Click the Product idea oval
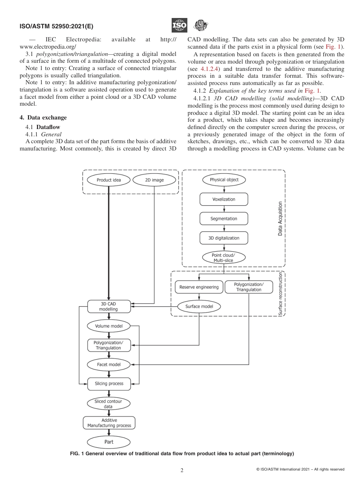click(x=109, y=180)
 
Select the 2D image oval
click(x=154, y=180)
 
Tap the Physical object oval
click(x=224, y=180)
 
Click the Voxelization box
click(x=224, y=199)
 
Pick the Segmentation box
click(x=224, y=219)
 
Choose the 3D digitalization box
click(x=224, y=238)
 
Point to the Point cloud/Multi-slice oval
click(x=223, y=258)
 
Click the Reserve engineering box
click(x=199, y=287)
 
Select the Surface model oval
click(x=199, y=306)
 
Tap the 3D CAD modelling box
click(x=109, y=306)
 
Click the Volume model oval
click(x=109, y=326)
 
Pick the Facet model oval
click(x=109, y=364)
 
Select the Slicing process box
click(x=109, y=383)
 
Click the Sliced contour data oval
click(x=109, y=404)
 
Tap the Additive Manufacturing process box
click(x=109, y=423)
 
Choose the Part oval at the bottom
click(x=109, y=442)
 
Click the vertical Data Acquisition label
click(x=280, y=219)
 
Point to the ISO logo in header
click(x=179, y=26)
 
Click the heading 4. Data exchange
click(x=43, y=118)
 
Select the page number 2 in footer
click(x=182, y=471)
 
